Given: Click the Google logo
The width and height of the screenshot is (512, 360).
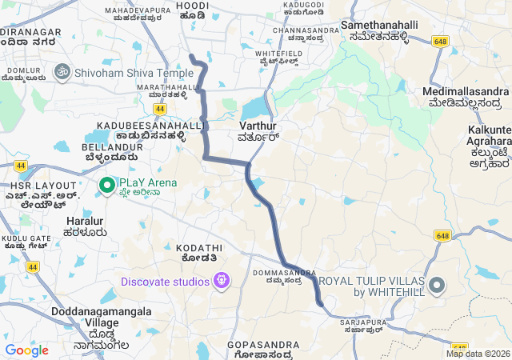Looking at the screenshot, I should pos(26,350).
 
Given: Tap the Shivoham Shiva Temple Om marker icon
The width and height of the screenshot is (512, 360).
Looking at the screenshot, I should pos(61,72).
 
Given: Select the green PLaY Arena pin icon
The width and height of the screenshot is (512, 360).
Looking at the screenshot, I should pos(106,186).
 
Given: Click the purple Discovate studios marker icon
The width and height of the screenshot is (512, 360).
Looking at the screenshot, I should pos(222,282).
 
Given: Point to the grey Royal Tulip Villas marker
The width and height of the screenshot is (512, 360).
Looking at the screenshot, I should pos(436,285).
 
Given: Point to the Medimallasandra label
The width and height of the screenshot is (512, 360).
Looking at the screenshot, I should pos(466,97).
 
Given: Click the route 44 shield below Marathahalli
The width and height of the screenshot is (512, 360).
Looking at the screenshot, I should pos(160,108).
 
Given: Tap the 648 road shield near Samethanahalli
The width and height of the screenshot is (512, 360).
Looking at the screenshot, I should pos(438,40).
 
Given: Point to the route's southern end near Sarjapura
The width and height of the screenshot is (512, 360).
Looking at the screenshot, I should pos(320,303).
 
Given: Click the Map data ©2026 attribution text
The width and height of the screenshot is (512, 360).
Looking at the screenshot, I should pos(477,354).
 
